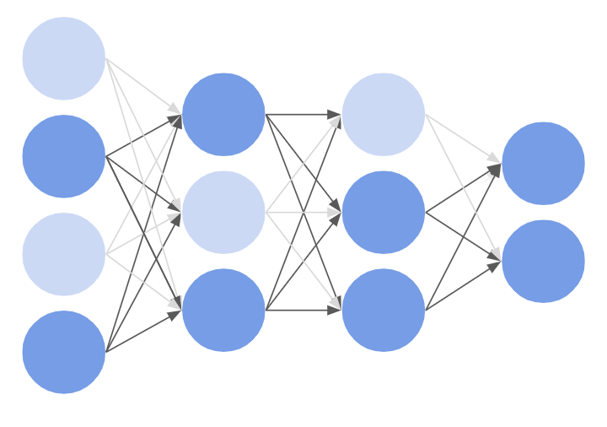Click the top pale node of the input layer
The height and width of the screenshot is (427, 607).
64,58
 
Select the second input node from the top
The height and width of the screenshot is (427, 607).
64,156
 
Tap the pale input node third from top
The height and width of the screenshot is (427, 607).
64,254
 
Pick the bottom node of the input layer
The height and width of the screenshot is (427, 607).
64,352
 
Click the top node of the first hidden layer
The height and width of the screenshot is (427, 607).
223,114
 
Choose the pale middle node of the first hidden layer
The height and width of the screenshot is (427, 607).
223,212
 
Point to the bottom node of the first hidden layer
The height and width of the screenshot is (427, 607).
223,310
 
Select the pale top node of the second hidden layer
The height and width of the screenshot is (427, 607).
384,114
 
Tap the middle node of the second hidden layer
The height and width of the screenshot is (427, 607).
384,212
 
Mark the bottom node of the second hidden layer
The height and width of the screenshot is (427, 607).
384,310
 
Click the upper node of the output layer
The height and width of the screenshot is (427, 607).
543,163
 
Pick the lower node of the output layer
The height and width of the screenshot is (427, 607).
543,261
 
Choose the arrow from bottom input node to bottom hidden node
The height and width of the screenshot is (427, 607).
143,331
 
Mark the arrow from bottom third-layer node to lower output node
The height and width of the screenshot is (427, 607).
463,287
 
